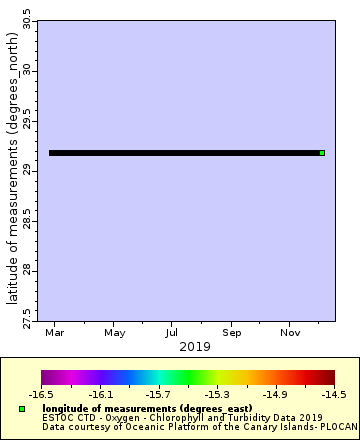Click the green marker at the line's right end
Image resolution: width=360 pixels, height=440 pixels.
coord(322,153)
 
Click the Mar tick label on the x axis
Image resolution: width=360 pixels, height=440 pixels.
coord(56,331)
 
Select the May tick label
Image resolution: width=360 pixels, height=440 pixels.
coord(115,331)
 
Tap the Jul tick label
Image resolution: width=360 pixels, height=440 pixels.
coord(173,331)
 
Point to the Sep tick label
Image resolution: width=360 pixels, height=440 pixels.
coord(232,331)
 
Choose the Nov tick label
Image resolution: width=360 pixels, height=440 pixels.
coord(291,331)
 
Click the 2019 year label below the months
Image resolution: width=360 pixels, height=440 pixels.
coord(187,346)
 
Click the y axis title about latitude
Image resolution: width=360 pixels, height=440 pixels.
coord(11,165)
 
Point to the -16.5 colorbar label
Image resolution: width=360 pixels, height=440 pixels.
coord(41,395)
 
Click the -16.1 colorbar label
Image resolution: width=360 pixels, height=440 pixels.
coord(100,395)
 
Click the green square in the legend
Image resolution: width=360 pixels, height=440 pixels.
coord(22,409)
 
